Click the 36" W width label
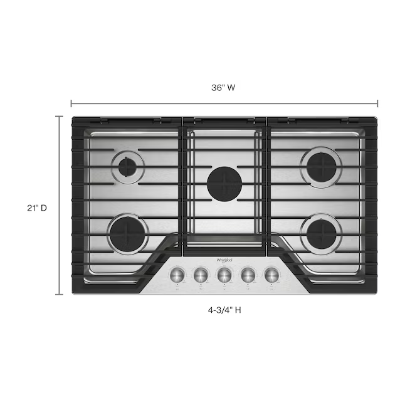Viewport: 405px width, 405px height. pos(223,88)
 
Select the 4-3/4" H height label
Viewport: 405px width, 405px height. pos(224,309)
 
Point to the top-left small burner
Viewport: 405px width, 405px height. pos(128,167)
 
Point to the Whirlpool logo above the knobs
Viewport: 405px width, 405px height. pos(224,258)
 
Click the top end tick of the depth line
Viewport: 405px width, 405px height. pos(60,117)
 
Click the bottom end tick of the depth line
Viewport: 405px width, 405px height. pos(60,294)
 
